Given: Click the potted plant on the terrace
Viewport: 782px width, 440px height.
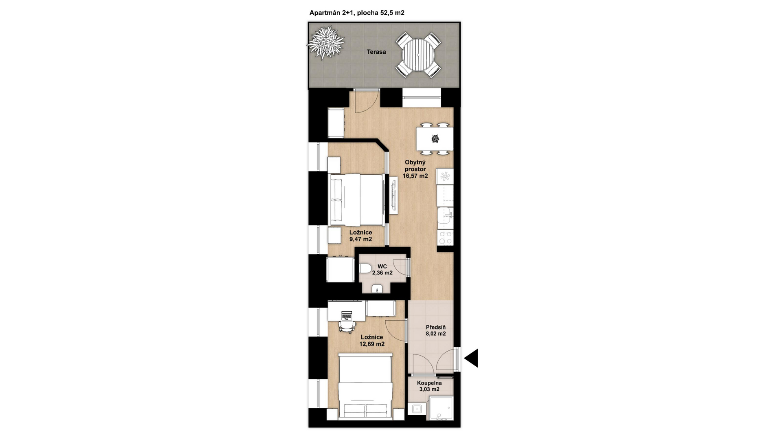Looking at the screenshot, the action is (x=325, y=42).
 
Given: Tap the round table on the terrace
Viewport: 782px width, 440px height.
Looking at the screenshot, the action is (x=418, y=55).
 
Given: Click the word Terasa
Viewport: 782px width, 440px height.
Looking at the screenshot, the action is (x=376, y=52).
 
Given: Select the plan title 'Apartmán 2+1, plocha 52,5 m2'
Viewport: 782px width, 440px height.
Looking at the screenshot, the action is (x=357, y=13).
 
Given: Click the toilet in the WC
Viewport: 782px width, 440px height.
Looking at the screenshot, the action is (x=365, y=269).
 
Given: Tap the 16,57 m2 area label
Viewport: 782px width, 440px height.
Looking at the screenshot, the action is (x=415, y=176).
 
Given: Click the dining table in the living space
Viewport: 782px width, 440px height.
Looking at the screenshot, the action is (x=435, y=139).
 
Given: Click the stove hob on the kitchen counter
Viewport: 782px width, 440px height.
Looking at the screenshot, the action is (x=445, y=238).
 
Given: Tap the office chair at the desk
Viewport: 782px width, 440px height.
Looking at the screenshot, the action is (x=347, y=326).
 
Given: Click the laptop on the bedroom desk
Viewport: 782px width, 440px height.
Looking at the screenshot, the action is (x=347, y=315).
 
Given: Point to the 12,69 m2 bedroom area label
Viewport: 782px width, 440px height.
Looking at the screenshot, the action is (x=372, y=344).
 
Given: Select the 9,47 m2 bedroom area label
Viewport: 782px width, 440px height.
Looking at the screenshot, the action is (x=360, y=239).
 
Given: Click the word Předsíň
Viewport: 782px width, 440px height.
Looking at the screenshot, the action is (x=436, y=327).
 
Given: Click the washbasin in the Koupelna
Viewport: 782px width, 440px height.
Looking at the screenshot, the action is (x=416, y=408).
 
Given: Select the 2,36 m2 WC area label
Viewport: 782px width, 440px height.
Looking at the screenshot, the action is (x=382, y=273).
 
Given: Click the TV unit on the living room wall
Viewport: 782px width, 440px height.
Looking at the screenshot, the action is (x=394, y=195).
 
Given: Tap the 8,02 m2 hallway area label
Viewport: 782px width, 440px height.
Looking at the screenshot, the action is (x=436, y=334).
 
